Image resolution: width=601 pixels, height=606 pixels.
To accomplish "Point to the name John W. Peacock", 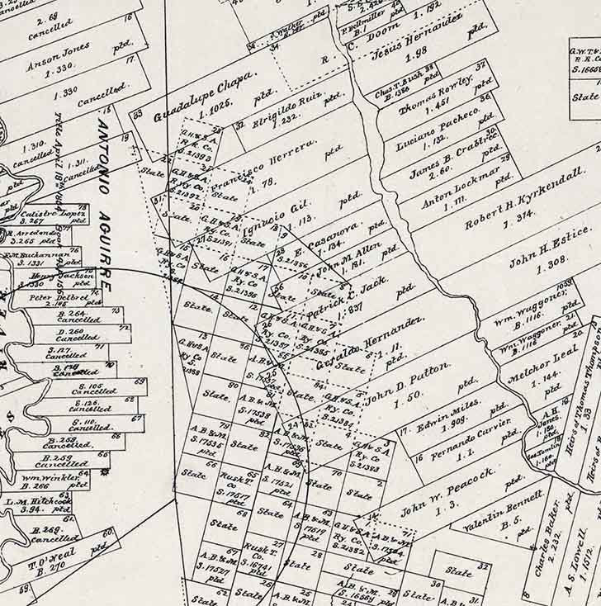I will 447,490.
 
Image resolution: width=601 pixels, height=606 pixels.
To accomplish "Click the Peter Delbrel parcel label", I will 52,296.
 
